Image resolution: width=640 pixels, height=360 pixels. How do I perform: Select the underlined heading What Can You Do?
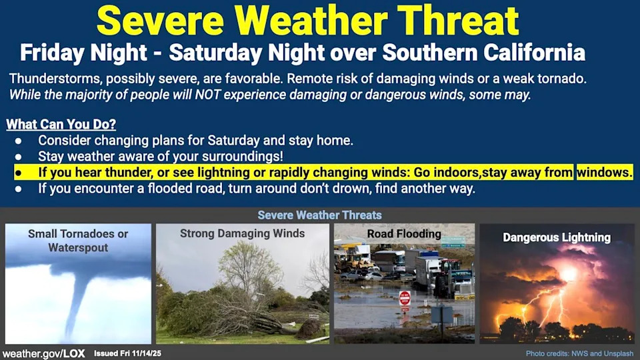click(61, 124)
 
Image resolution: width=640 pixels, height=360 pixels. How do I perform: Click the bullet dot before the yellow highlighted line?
click(18, 173)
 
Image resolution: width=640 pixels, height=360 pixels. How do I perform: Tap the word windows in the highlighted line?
click(605, 172)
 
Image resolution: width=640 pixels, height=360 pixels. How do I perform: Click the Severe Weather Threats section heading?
click(319, 215)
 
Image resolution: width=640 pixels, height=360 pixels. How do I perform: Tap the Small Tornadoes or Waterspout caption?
click(78, 241)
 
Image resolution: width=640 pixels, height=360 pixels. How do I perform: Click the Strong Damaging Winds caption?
click(243, 233)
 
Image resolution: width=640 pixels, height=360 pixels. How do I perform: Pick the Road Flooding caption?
click(404, 234)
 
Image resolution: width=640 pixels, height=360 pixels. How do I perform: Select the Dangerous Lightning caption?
click(557, 237)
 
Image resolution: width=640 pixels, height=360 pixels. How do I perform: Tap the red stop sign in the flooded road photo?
click(405, 298)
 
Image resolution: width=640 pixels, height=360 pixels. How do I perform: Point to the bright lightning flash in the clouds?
click(568, 274)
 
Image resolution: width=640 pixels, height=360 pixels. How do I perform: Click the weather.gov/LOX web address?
click(44, 353)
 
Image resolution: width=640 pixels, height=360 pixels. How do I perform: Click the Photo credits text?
click(579, 353)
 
